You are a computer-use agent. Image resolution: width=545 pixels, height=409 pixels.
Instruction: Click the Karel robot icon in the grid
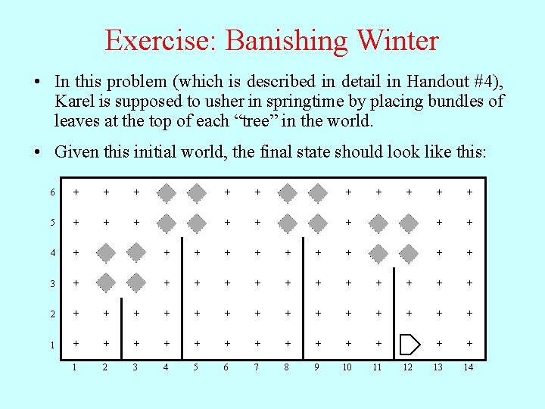click(409, 344)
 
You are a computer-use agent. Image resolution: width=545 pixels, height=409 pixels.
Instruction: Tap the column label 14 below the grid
click(469, 367)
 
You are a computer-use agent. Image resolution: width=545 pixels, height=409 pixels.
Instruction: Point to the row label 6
click(52, 192)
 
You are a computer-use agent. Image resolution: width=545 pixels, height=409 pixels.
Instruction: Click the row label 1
click(52, 345)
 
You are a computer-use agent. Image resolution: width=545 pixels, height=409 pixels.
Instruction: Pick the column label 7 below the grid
click(257, 367)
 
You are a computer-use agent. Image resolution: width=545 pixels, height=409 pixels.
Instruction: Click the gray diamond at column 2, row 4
click(106, 253)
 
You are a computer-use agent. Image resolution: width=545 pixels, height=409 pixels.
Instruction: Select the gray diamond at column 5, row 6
click(197, 192)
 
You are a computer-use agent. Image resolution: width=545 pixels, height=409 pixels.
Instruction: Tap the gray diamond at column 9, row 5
click(318, 223)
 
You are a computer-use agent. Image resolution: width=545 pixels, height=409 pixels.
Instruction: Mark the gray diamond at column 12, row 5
click(409, 223)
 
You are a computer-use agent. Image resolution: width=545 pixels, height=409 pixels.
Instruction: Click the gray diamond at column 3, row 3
click(136, 283)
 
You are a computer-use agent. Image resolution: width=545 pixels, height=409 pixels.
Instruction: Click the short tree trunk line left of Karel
click(394, 311)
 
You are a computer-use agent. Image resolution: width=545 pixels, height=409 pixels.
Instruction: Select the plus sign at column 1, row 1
click(75, 344)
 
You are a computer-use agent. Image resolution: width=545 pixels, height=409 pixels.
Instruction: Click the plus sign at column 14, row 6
click(469, 192)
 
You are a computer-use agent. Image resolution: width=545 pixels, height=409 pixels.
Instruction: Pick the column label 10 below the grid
click(347, 367)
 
